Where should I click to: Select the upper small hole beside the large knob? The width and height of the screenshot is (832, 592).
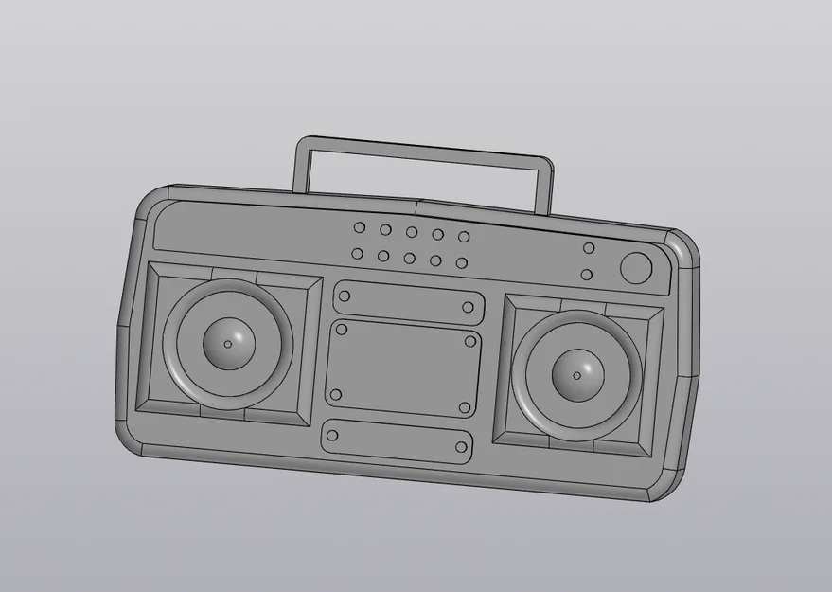pos(589,248)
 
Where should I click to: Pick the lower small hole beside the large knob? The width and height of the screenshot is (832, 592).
pos(586,275)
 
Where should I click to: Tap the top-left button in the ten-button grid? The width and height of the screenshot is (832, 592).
pos(360,227)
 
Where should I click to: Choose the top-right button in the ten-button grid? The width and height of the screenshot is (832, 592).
pos(464,237)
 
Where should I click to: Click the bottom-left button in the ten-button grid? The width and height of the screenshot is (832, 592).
pos(357,253)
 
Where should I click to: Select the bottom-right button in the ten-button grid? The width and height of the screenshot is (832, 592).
pos(461,262)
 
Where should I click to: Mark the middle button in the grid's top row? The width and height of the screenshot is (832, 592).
pos(412,232)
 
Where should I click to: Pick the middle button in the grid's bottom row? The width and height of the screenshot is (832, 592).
pos(409,258)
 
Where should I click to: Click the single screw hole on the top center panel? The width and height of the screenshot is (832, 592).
pos(468,307)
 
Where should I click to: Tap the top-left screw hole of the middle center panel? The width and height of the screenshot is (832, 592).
pos(342,329)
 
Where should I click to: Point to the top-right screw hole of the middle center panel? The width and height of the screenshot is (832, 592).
pos(470,342)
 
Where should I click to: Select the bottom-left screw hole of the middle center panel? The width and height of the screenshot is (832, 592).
pos(335,395)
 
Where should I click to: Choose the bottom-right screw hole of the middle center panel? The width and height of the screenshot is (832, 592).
pos(465,407)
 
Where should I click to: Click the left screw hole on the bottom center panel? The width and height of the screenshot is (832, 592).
pos(331,436)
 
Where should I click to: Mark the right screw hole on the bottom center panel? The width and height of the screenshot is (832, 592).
pos(461,447)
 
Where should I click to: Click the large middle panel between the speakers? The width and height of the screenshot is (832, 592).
pos(402,369)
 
